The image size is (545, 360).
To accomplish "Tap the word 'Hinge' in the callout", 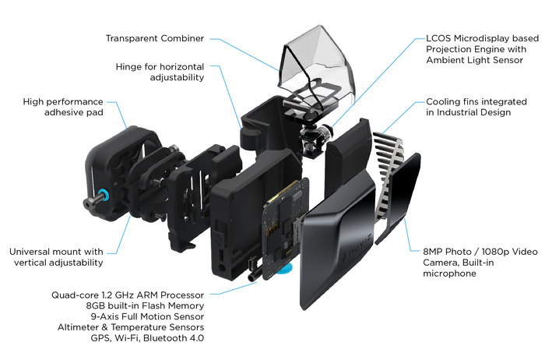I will (x=131, y=66).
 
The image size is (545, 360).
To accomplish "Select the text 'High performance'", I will (x=64, y=102).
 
